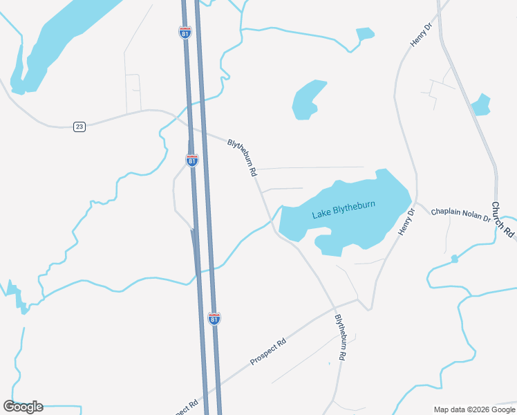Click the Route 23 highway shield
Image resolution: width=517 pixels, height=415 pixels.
(79, 127)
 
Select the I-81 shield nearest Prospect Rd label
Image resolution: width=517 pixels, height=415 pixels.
(214, 318)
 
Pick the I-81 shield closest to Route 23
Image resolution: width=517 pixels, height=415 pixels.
(191, 160)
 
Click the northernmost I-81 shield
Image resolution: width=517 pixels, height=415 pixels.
(185, 33)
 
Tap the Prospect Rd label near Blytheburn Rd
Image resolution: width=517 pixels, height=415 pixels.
(268, 351)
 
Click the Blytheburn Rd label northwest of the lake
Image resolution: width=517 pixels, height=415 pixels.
(242, 158)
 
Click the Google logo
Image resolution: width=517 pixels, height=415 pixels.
(23, 407)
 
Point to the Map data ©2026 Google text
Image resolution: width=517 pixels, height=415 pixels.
(473, 409)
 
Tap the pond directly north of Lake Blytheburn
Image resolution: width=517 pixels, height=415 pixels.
(307, 100)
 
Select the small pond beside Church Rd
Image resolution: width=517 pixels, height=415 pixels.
(480, 105)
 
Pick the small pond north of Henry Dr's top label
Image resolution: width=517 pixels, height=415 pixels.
(364, 33)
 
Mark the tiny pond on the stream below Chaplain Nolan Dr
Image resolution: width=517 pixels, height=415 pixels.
(454, 259)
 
